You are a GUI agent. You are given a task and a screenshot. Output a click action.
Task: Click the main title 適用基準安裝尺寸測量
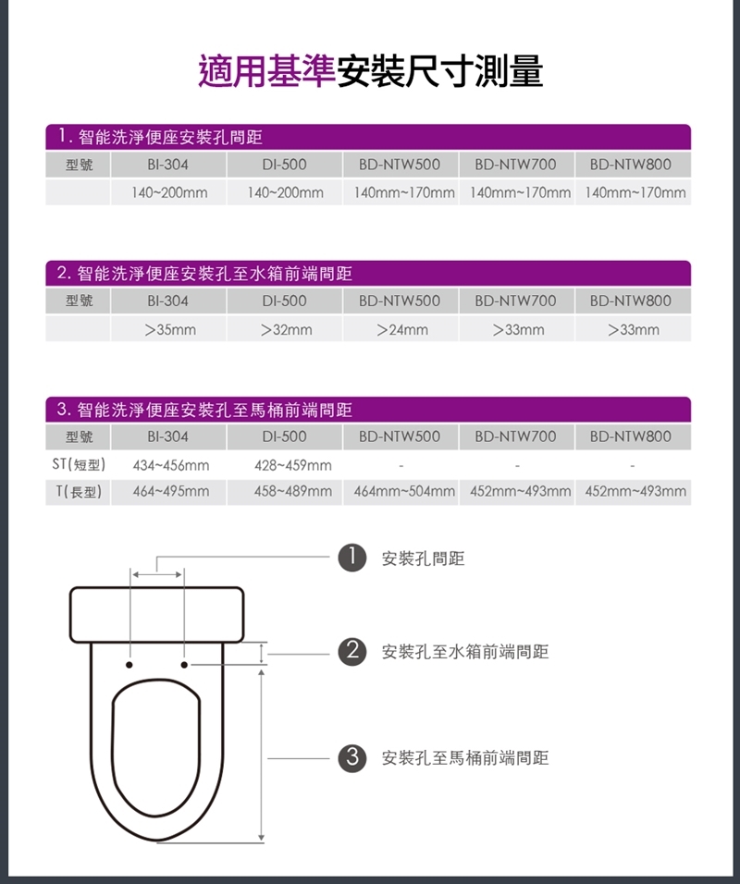point(370,71)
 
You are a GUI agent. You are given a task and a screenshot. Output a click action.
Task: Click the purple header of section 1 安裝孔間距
point(368,137)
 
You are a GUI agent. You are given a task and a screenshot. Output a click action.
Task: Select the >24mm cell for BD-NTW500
point(401,329)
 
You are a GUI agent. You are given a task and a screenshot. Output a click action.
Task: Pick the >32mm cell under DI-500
point(285,329)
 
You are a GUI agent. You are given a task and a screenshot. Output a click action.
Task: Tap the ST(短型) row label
point(78,464)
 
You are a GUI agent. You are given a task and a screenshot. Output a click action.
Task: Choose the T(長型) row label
point(78,491)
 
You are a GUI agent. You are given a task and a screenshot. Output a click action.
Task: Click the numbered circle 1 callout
point(349,559)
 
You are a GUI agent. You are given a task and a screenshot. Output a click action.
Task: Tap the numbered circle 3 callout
point(349,758)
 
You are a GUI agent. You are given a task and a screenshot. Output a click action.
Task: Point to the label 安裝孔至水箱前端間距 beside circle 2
point(464,652)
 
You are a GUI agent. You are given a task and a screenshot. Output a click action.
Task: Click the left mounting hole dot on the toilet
point(129,664)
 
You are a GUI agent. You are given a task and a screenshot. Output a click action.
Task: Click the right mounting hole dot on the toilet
point(184,664)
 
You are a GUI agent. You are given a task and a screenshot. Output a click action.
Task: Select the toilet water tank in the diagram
point(157,613)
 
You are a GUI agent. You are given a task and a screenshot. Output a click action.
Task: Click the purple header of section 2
point(368,274)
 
